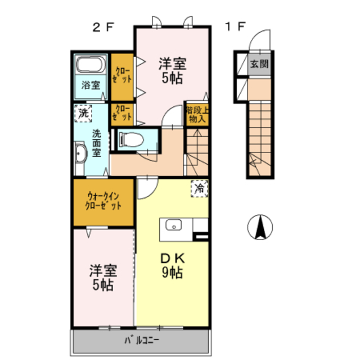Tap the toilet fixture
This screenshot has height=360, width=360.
tap(132, 139)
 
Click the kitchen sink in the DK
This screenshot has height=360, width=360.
tap(174, 225)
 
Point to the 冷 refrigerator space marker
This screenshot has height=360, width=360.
tap(200, 189)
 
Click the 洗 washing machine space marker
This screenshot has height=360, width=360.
tap(83, 113)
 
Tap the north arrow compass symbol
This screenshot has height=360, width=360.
tap(260, 227)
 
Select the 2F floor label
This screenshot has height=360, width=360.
tap(103, 28)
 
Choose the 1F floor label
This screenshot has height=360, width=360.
tap(235, 26)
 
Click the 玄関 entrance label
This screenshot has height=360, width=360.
tap(259, 64)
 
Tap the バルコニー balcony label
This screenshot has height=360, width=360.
tap(142, 340)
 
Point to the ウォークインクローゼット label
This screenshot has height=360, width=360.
tap(103, 201)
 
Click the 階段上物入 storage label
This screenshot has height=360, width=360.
tap(197, 115)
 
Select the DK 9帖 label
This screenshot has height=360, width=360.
tap(173, 266)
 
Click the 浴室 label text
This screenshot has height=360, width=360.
tap(91, 85)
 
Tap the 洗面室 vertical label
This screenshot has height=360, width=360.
tap(97, 143)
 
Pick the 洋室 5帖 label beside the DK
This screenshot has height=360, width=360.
tap(103, 278)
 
